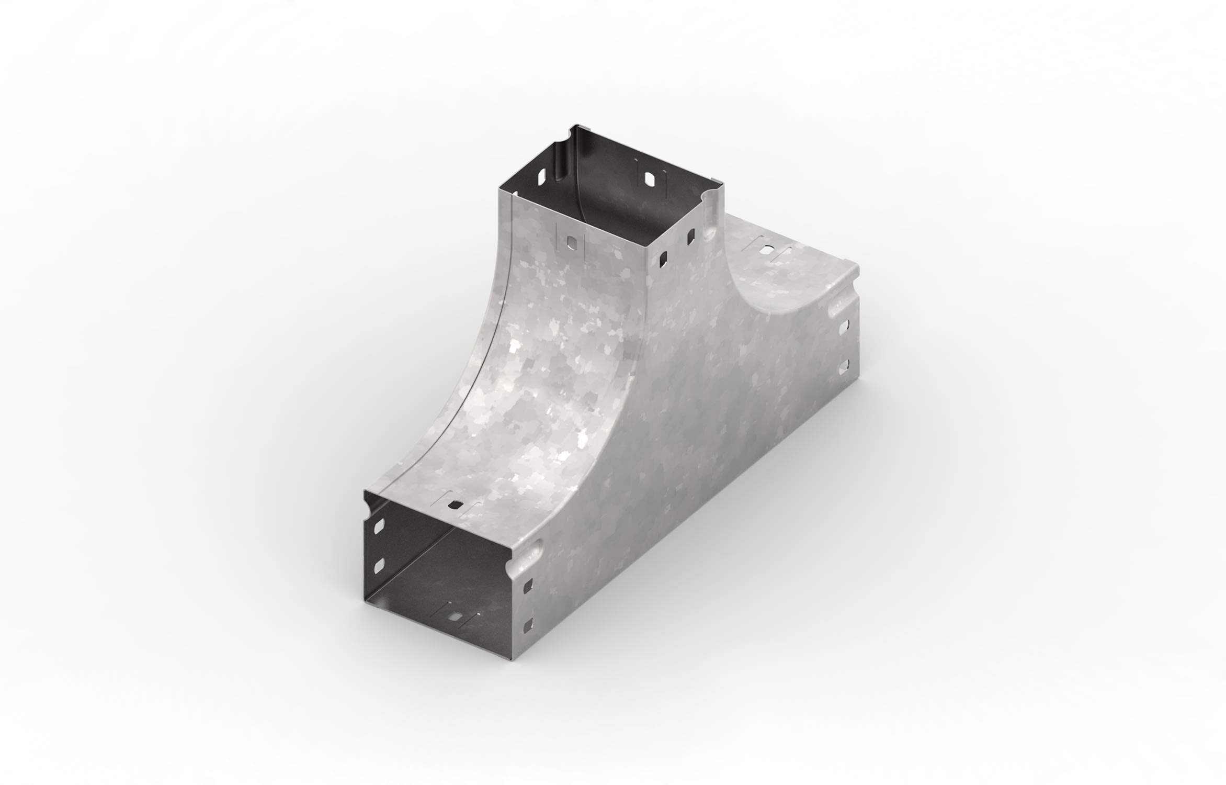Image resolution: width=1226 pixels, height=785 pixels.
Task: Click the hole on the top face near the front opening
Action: (457, 506)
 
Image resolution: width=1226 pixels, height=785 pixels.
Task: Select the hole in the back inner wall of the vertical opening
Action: (650, 179)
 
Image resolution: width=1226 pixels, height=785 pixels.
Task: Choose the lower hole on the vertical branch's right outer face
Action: (664, 258)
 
